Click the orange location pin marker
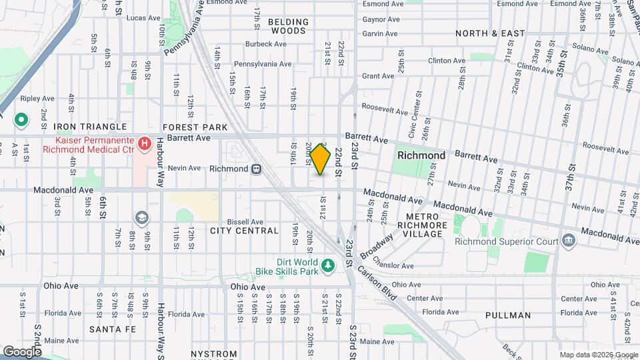321,159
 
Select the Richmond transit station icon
256,169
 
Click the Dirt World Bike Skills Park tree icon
327,267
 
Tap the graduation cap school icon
141,217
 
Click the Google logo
22,351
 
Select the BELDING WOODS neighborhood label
289,26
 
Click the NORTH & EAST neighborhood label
490,33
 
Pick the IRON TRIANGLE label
90,127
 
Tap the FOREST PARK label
195,127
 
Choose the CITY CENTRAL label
244,231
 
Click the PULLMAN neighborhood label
508,315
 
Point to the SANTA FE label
113,329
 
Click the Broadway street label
377,246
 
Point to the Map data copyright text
598,355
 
